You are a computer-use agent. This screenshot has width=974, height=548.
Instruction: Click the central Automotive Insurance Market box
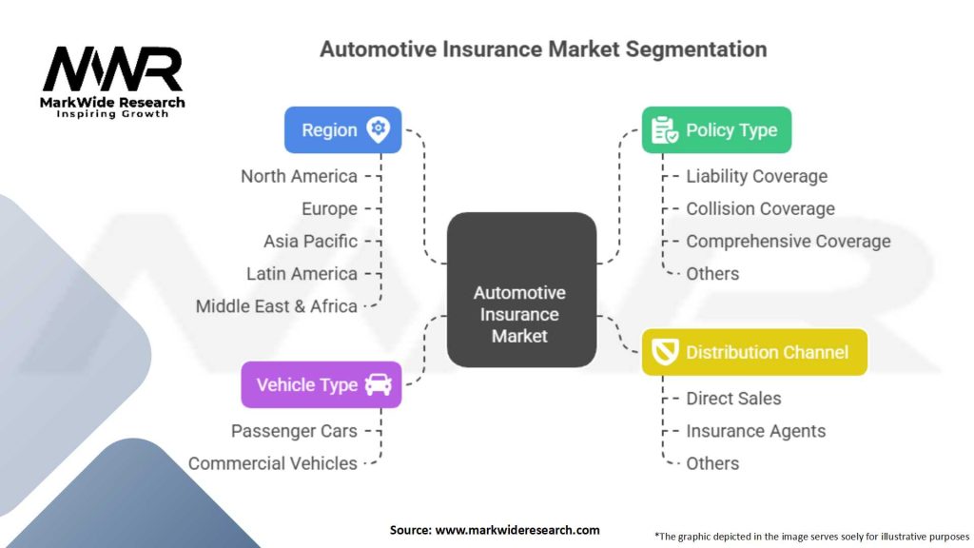(520, 290)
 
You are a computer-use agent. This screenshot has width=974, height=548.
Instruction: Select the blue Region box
(342, 130)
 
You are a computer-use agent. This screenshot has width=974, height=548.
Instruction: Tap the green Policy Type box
(716, 130)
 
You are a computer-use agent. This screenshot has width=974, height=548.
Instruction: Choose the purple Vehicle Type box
(321, 384)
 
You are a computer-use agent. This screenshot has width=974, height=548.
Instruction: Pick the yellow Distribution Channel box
(754, 352)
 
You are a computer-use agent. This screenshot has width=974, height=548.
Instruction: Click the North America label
(299, 176)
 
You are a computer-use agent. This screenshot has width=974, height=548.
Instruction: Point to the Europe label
(329, 208)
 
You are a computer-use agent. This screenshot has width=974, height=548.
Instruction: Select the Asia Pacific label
(310, 241)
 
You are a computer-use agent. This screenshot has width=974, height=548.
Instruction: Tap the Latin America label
(302, 273)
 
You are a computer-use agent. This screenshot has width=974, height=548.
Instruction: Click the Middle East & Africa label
(276, 306)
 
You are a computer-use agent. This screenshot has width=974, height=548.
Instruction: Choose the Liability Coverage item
(756, 176)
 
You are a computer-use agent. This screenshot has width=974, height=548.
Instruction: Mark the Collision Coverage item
(760, 208)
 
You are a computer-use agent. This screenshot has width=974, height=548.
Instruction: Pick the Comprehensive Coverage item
(788, 241)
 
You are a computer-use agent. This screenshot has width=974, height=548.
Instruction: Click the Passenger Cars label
(294, 431)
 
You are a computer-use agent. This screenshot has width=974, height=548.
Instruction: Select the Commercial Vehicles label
(272, 463)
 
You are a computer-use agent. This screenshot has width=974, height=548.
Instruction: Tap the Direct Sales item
(733, 399)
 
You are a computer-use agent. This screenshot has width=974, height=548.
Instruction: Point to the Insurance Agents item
(755, 431)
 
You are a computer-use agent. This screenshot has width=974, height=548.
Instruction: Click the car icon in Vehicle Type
(378, 384)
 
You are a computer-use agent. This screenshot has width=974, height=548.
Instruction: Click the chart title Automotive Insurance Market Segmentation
(543, 49)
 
